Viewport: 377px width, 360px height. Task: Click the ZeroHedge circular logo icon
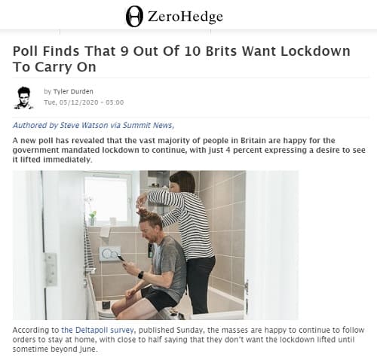click(x=134, y=17)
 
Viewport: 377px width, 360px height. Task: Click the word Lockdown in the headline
click(x=315, y=51)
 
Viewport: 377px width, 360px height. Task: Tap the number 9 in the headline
click(x=124, y=51)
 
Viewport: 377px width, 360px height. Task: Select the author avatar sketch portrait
click(x=24, y=98)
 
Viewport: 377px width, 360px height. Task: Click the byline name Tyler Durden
click(x=73, y=91)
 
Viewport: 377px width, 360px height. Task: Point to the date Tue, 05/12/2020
click(x=71, y=102)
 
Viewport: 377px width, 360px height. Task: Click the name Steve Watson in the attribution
click(x=84, y=125)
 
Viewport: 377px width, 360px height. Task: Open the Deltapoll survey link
click(x=97, y=330)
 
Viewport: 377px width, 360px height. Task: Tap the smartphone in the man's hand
click(x=121, y=258)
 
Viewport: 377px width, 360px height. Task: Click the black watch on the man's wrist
click(x=140, y=275)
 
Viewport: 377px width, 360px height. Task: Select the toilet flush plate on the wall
click(x=109, y=254)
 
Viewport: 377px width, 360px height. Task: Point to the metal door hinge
click(x=51, y=270)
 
